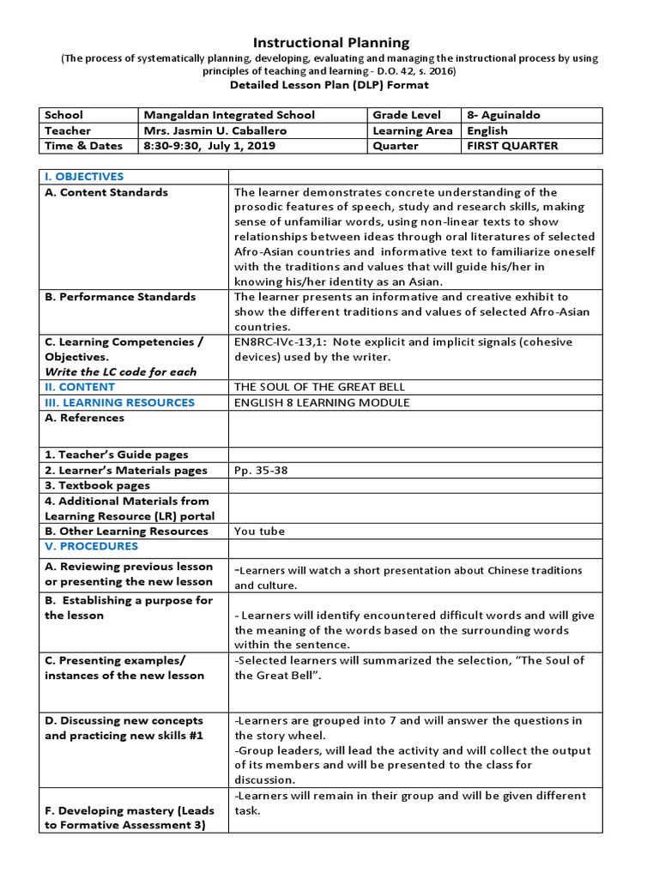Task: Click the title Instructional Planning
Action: coord(330,42)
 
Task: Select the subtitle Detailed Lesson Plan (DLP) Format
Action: coord(330,85)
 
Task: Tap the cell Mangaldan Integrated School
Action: coord(230,115)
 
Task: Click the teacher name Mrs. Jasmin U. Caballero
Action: coord(215,130)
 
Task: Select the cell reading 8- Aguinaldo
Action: coord(504,115)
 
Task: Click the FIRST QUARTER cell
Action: coord(512,146)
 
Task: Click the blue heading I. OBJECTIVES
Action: coord(84,177)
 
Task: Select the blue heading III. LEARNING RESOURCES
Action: coord(120,403)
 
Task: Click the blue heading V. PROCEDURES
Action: coord(92,546)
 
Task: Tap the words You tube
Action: coord(259,531)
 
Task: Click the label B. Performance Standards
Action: coord(120,297)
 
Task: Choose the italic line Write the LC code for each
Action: coord(121,372)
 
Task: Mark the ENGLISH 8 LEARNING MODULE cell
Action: coord(322,403)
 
